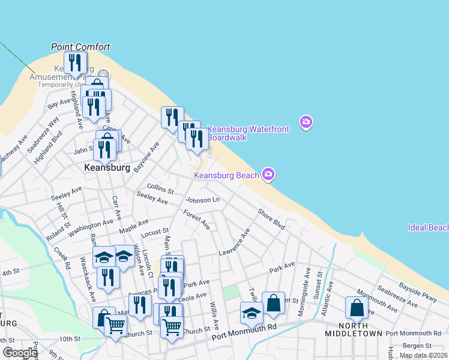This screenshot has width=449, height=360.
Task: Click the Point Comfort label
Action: [x=80, y=47]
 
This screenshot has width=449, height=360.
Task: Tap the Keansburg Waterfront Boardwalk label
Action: [x=249, y=133]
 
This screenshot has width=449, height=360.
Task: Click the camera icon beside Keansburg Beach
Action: [x=268, y=175]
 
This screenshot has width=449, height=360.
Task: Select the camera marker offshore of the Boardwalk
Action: [x=306, y=123]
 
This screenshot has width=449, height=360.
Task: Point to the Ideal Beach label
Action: [x=428, y=228]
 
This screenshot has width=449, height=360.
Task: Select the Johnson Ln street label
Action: [x=203, y=200]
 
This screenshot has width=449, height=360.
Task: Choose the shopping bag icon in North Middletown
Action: [x=357, y=308]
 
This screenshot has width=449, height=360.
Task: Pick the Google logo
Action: [x=20, y=353]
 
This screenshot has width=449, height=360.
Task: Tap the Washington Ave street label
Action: [x=90, y=228]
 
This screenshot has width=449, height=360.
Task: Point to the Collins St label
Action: [x=160, y=189]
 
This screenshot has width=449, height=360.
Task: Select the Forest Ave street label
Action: [x=197, y=220]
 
